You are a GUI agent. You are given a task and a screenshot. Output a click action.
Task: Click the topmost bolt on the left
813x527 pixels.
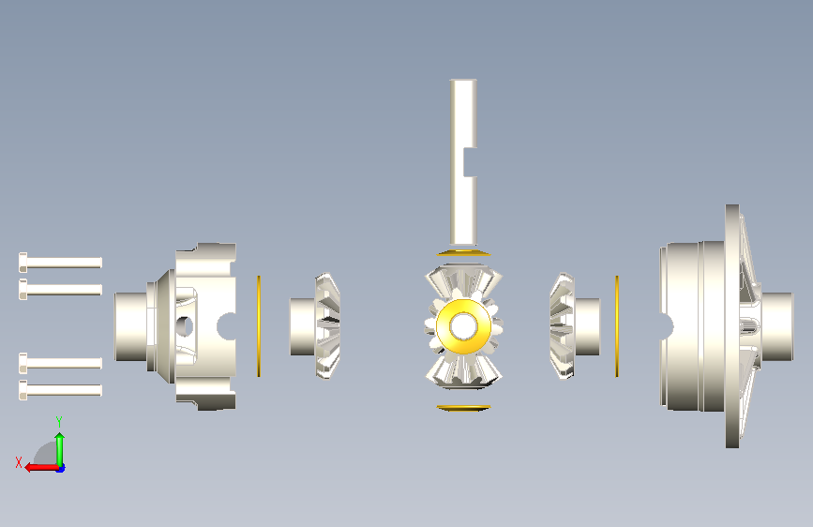tap(60, 263)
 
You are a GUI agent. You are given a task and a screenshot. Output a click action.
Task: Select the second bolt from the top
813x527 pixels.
tap(60, 289)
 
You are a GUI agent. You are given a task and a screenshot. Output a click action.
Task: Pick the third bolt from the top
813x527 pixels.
tap(60, 363)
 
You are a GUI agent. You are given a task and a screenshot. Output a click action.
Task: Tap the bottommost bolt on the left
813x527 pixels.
tap(60, 390)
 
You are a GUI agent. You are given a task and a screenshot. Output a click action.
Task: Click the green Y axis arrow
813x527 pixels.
tap(60, 450)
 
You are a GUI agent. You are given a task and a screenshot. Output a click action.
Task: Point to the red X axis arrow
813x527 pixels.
tap(42, 468)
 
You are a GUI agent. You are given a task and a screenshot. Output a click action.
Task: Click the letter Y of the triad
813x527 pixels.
tap(59, 422)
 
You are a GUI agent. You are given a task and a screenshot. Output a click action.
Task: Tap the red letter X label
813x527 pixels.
tap(19, 462)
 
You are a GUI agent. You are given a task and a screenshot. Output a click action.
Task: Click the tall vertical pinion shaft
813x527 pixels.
tap(463, 162)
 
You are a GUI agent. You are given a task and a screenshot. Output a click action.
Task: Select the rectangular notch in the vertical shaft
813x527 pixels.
tap(471, 162)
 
